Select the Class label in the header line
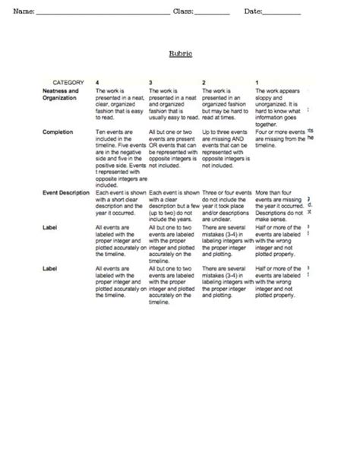(183, 11)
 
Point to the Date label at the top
(253, 11)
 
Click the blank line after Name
(103, 13)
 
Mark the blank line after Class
(212, 13)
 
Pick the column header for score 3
(150, 81)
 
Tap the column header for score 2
(203, 81)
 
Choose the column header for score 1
(255, 81)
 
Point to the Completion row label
(58, 132)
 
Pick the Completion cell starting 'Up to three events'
(226, 148)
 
